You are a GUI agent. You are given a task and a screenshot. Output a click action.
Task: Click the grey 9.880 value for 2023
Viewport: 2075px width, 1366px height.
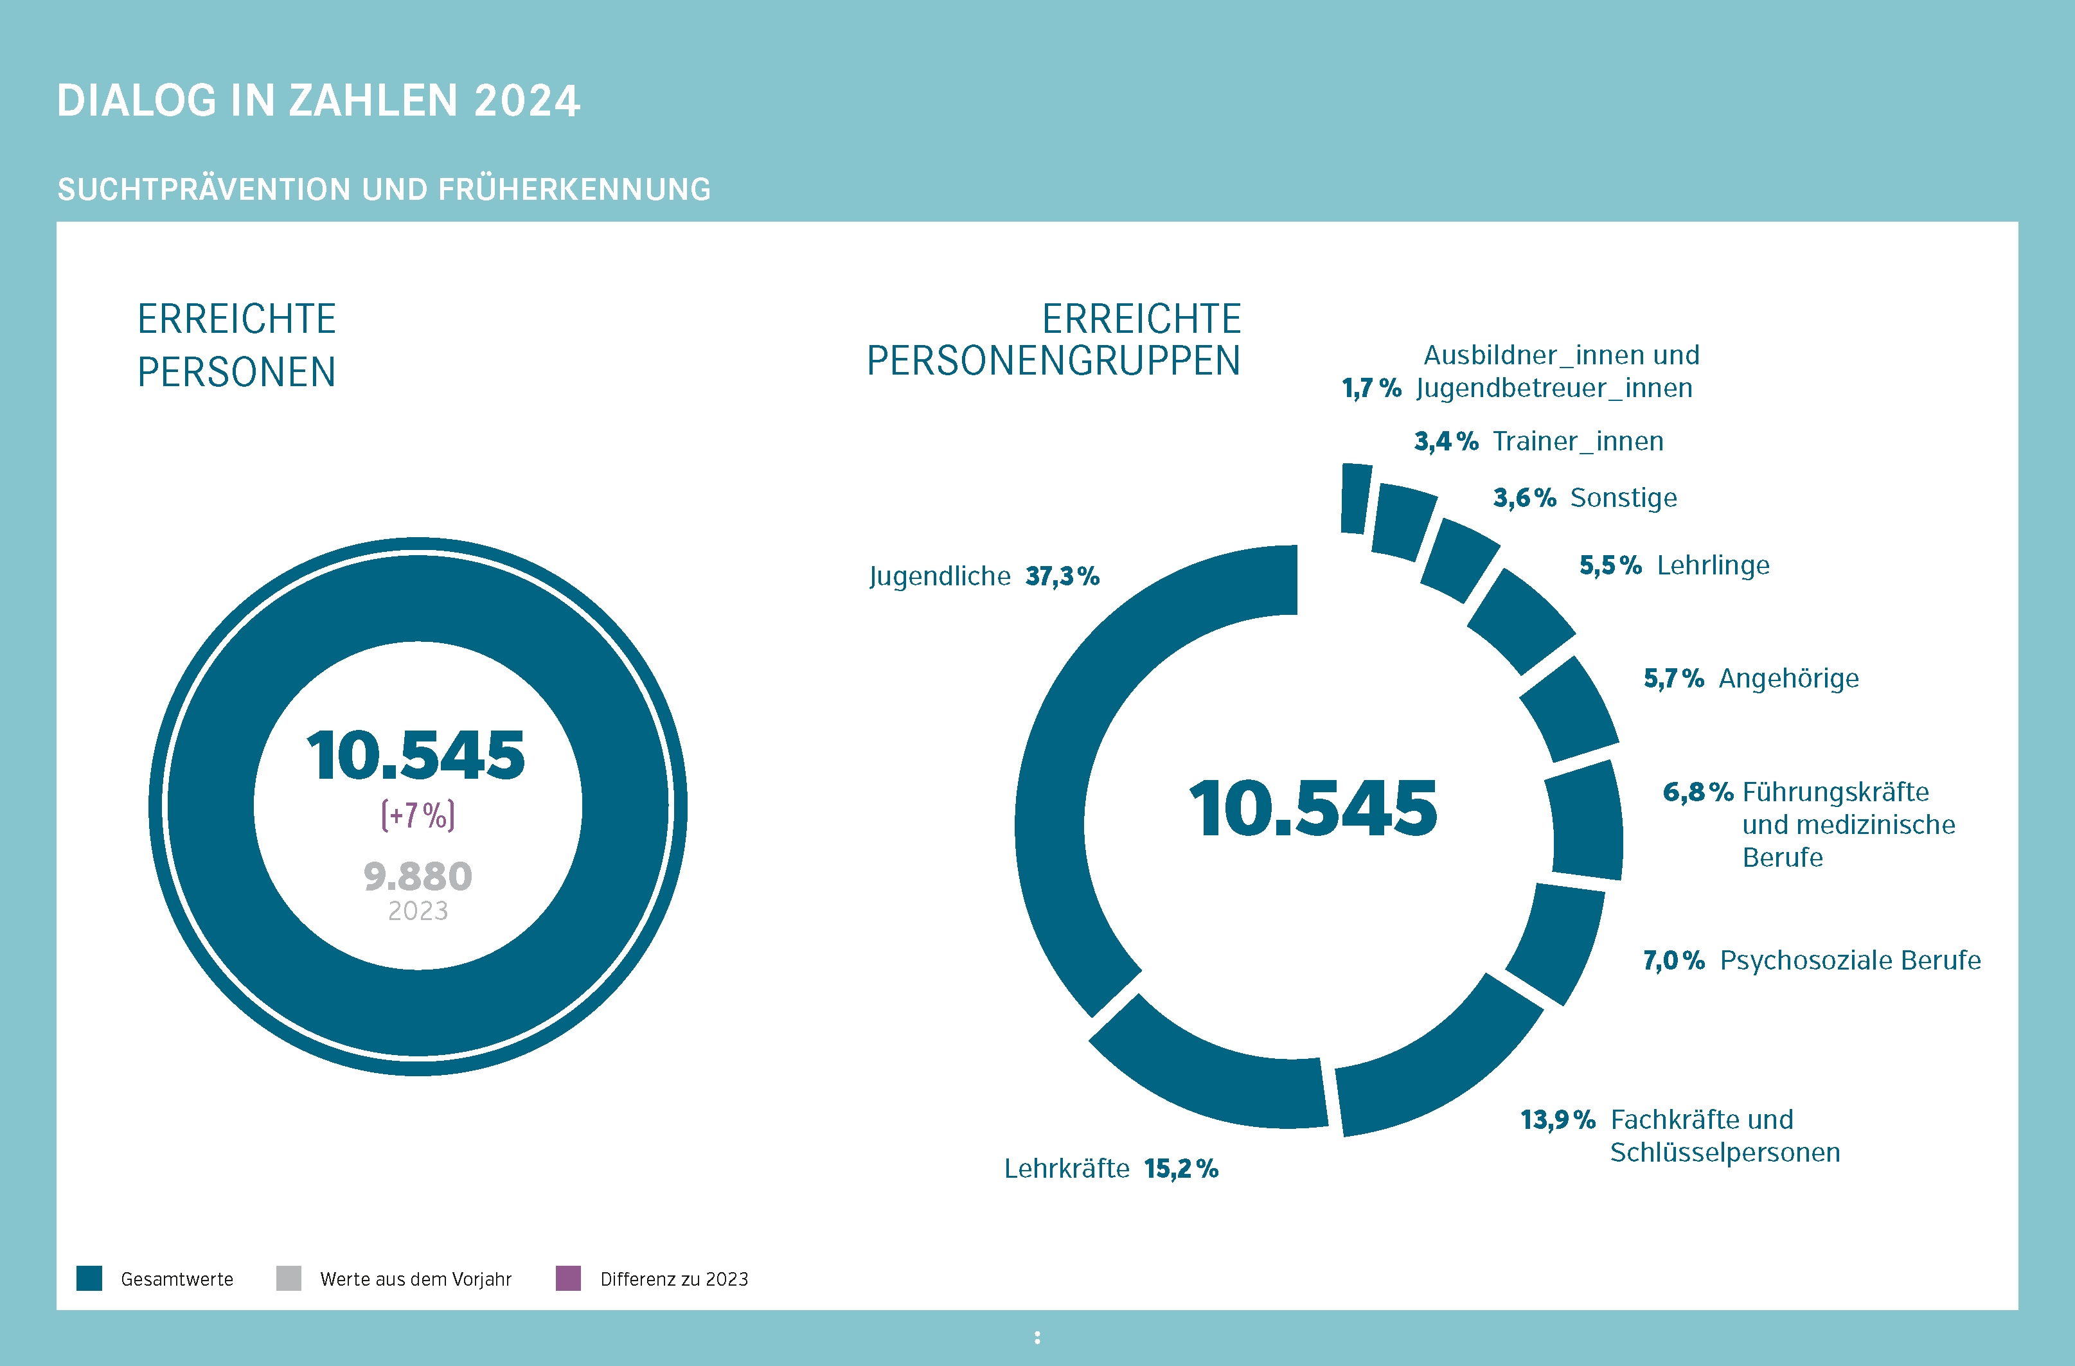(x=418, y=876)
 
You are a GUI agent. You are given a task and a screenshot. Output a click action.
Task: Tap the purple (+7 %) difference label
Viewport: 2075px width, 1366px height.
(x=418, y=815)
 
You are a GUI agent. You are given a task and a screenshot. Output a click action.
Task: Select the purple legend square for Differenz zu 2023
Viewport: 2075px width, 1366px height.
(x=569, y=1278)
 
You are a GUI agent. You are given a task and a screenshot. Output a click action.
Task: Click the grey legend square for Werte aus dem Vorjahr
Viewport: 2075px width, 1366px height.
(x=289, y=1278)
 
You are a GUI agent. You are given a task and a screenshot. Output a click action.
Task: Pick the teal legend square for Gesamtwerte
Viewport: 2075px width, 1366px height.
(x=89, y=1278)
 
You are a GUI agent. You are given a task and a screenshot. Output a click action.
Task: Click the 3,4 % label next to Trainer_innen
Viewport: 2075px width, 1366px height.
(x=1445, y=441)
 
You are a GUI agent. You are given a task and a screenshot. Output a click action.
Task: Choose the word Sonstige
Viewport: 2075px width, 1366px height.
(x=1623, y=498)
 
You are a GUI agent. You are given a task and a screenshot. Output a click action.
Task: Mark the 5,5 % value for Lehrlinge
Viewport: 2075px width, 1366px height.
(x=1610, y=566)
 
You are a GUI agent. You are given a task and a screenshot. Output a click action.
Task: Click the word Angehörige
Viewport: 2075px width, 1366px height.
(x=1788, y=679)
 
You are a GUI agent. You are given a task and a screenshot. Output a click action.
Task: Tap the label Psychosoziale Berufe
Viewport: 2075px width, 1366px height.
(x=1850, y=960)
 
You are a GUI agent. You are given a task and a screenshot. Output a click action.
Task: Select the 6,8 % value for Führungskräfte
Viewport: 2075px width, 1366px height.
(x=1697, y=792)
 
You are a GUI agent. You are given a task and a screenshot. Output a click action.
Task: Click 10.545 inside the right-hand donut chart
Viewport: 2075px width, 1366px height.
(x=1313, y=809)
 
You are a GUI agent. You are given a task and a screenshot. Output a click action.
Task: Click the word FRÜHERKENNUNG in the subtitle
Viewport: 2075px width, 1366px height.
(x=574, y=189)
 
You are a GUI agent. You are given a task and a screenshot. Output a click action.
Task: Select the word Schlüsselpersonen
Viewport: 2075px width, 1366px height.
(x=1725, y=1153)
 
